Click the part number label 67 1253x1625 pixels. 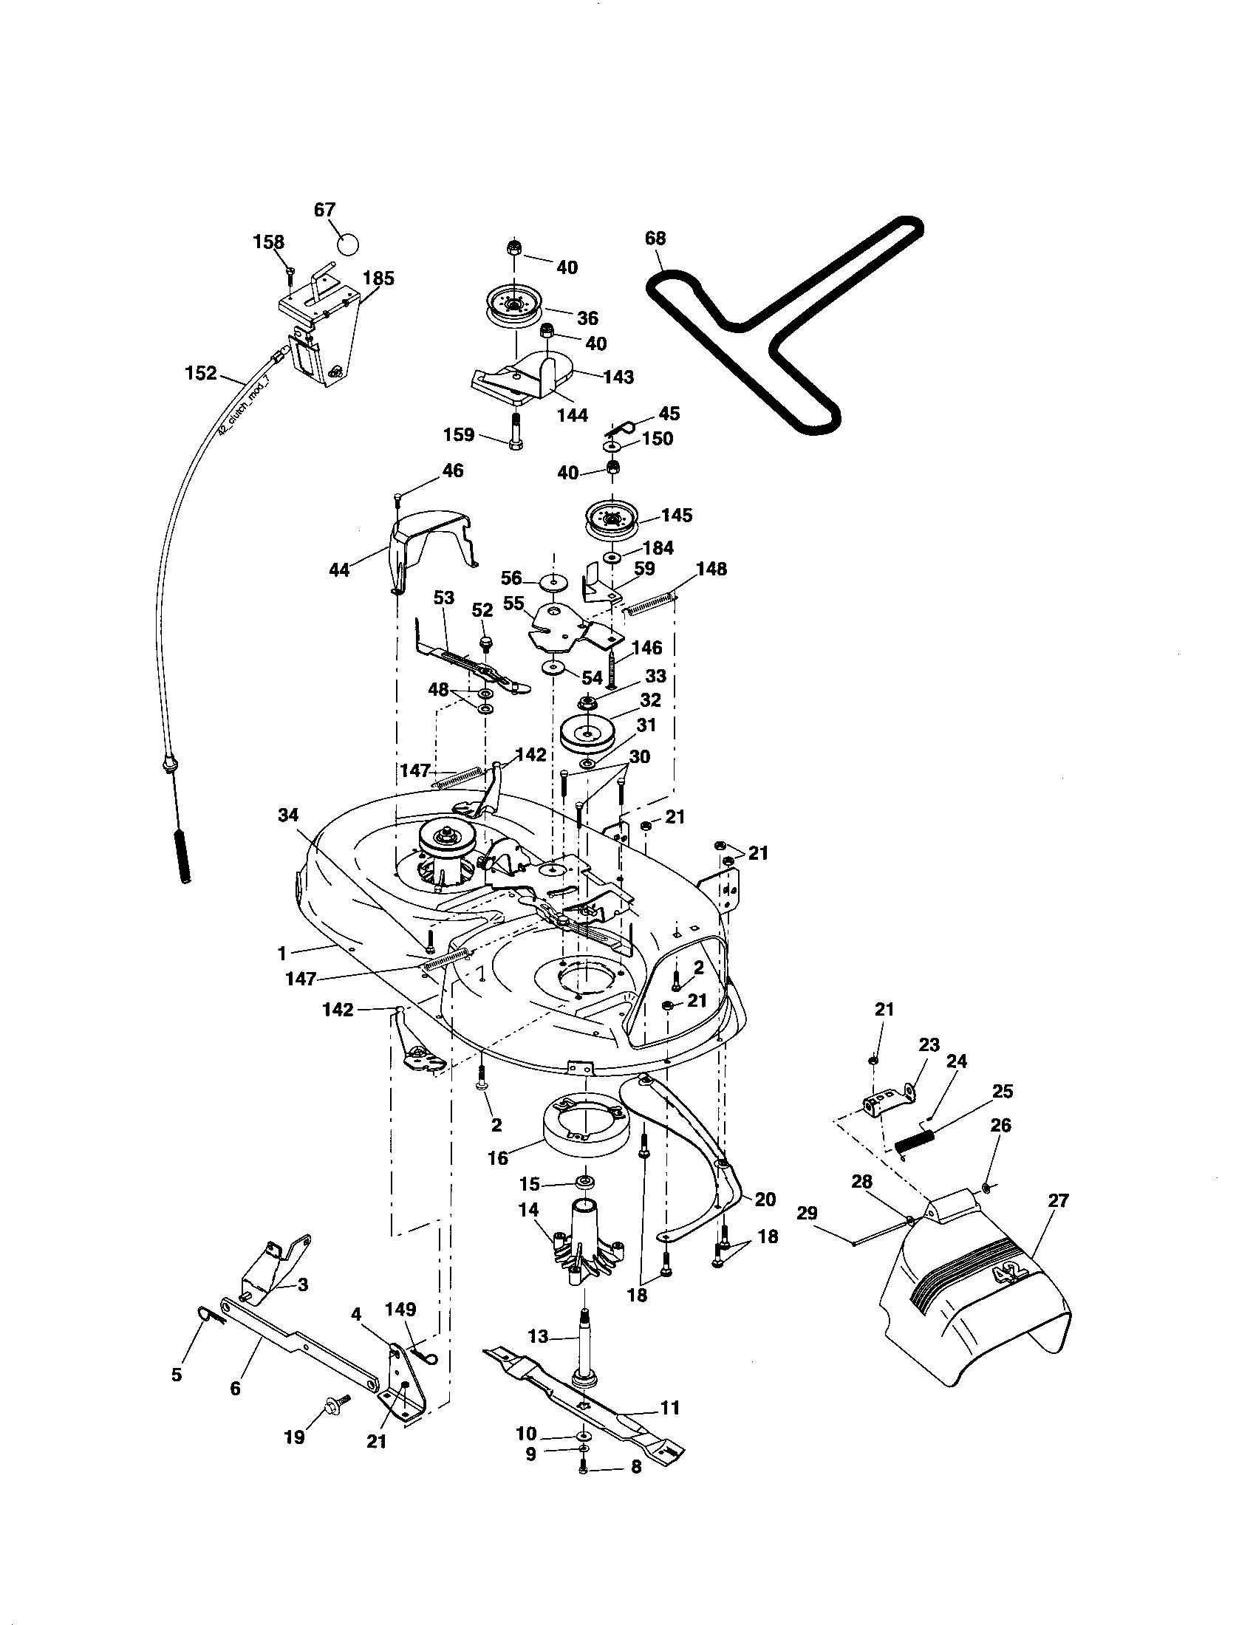324,210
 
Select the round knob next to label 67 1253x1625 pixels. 347,244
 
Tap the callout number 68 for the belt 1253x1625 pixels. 655,238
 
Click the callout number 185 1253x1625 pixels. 378,278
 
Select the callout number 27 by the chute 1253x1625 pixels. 1057,1200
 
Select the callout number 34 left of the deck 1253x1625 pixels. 288,815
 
